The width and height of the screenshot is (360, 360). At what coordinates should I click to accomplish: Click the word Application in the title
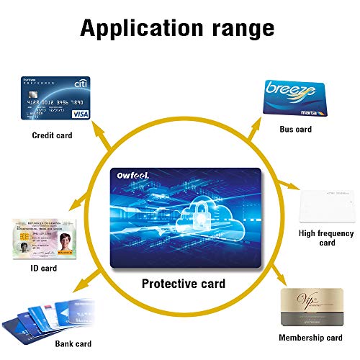(x=138, y=28)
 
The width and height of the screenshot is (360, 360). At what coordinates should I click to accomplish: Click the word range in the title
(x=238, y=29)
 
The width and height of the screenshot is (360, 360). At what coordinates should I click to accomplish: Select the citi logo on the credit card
(x=81, y=85)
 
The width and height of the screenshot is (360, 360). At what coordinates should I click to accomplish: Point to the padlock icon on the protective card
(x=195, y=215)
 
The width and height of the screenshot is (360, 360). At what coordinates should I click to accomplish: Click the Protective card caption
(x=182, y=284)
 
